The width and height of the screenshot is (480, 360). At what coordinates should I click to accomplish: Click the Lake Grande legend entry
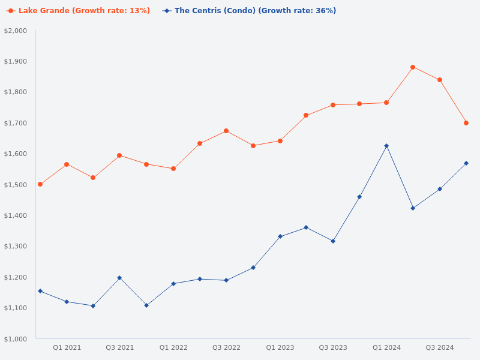click(x=78, y=11)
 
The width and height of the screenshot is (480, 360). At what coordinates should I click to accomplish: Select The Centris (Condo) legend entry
click(x=249, y=11)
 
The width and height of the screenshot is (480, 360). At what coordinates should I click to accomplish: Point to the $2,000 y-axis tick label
click(x=16, y=31)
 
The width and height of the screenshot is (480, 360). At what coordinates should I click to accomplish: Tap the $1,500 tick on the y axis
click(x=16, y=185)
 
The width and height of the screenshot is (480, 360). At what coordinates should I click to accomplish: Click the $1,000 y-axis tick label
click(x=16, y=339)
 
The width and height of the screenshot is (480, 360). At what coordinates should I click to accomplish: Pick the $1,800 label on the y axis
click(x=16, y=92)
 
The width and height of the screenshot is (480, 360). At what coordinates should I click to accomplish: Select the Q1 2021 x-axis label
click(x=67, y=347)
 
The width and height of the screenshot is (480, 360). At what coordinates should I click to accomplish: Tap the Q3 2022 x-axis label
click(x=226, y=347)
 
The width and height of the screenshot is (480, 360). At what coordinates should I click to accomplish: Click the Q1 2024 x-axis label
click(x=386, y=347)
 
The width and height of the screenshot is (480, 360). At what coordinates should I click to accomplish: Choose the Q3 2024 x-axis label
click(x=440, y=347)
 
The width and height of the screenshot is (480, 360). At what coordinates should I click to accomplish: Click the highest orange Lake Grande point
click(x=413, y=67)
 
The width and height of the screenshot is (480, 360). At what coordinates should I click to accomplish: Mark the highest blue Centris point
click(x=386, y=146)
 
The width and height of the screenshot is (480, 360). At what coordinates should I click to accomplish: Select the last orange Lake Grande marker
click(x=466, y=123)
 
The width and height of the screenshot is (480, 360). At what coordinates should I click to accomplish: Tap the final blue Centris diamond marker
click(x=466, y=163)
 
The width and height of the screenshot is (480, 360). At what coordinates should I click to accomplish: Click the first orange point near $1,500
click(x=40, y=184)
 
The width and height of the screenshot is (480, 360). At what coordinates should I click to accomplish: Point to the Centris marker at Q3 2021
click(x=119, y=278)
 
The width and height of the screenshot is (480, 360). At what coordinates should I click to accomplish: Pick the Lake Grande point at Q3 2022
click(x=226, y=131)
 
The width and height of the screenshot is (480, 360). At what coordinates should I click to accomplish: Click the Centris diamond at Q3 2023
click(x=333, y=241)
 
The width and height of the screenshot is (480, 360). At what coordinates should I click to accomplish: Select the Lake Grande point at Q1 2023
click(x=280, y=141)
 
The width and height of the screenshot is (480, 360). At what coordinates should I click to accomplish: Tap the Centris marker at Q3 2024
click(x=440, y=189)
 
